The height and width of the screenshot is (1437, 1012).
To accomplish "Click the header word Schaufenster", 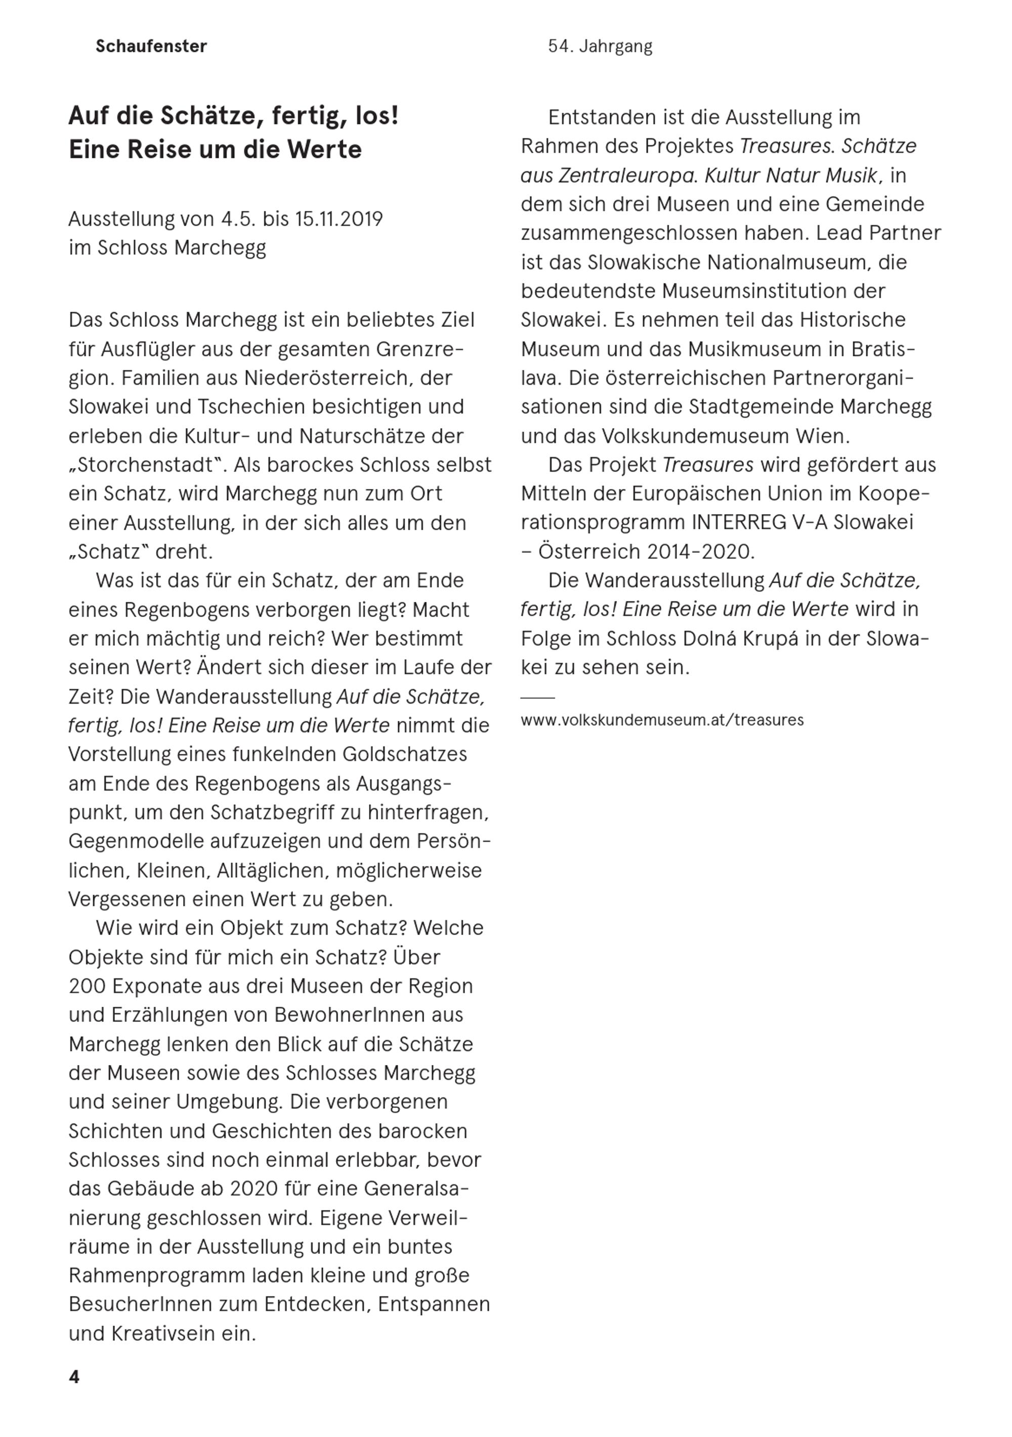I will click(151, 47).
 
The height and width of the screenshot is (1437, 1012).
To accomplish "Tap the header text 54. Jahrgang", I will click(600, 47).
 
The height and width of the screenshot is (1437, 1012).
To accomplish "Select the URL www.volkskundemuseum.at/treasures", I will click(661, 720).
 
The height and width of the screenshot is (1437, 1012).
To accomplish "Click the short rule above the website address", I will click(537, 696).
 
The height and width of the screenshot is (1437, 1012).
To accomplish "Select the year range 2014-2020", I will click(701, 551).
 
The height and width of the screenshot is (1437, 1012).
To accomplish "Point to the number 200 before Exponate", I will click(87, 986).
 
